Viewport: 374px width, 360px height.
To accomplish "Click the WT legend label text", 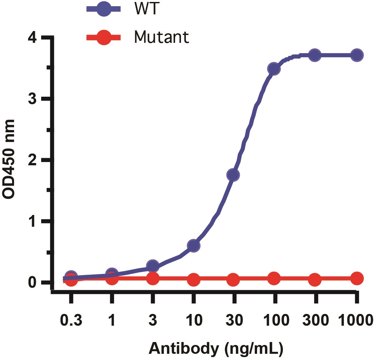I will pyautogui.click(x=146, y=9).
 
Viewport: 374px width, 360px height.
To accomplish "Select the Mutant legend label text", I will pyautogui.click(x=161, y=37).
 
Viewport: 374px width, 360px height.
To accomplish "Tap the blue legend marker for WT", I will pyautogui.click(x=104, y=9).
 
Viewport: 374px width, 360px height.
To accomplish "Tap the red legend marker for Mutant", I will pyautogui.click(x=104, y=38).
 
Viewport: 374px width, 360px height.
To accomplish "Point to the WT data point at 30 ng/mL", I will pyautogui.click(x=233, y=175).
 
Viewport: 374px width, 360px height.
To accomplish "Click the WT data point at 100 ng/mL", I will pyautogui.click(x=274, y=69).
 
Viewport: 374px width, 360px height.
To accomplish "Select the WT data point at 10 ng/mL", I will pyautogui.click(x=193, y=246).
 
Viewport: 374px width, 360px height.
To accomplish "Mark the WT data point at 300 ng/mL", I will pyautogui.click(x=315, y=55).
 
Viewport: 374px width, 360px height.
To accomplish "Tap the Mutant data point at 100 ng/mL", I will pyautogui.click(x=274, y=278).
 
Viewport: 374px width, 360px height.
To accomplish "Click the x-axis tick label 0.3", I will pyautogui.click(x=71, y=320).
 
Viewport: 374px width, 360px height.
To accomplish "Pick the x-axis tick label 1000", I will pyautogui.click(x=355, y=320).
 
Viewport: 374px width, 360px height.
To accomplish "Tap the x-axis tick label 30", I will pyautogui.click(x=234, y=320).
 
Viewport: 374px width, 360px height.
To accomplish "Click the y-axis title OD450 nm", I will pyautogui.click(x=9, y=159).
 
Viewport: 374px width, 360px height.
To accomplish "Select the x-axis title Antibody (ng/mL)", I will pyautogui.click(x=216, y=349).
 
